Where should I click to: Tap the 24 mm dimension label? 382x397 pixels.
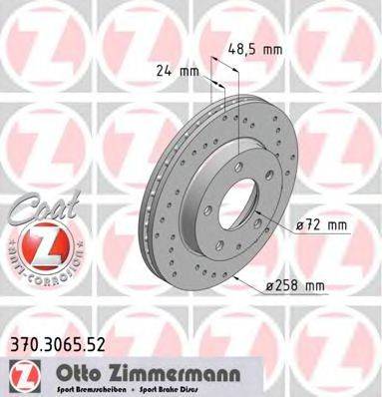[175, 71]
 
